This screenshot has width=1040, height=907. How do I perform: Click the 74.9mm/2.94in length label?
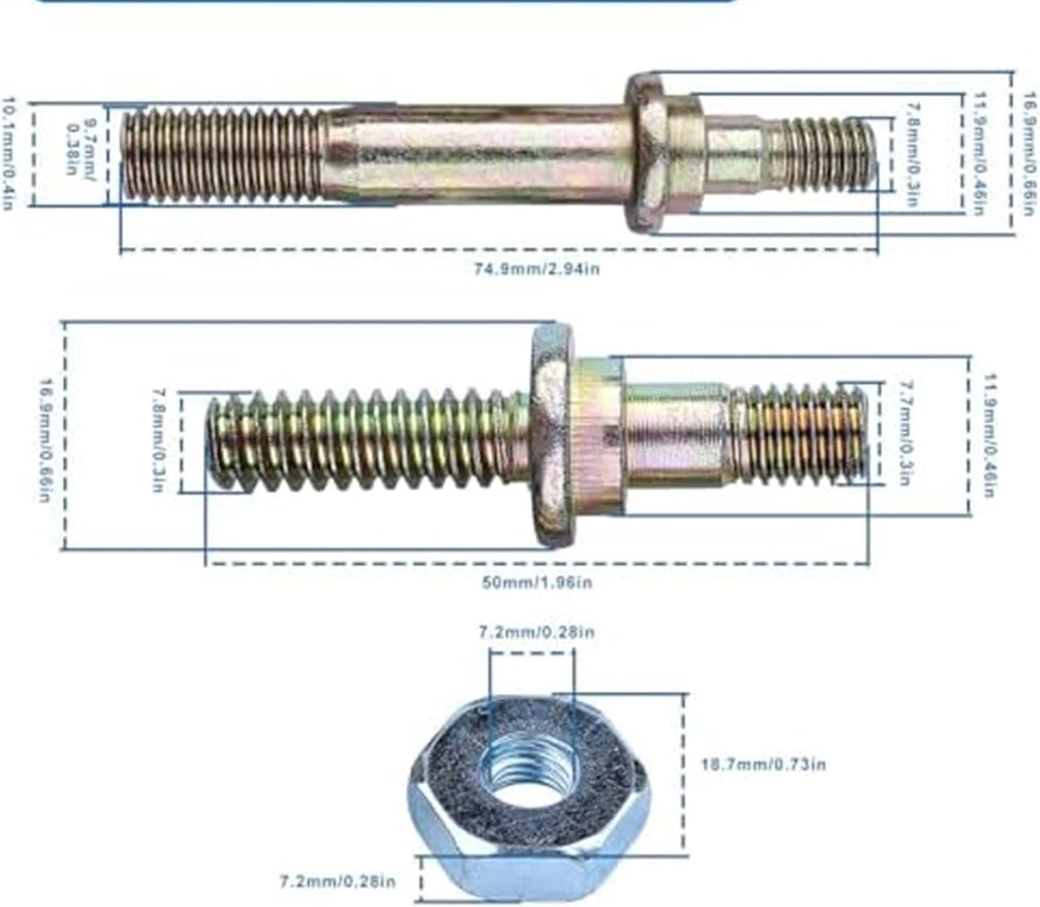[536, 268]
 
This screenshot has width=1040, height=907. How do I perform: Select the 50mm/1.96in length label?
[537, 582]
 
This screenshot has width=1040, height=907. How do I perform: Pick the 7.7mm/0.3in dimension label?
[903, 433]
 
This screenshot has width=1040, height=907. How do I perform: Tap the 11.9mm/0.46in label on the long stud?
[980, 153]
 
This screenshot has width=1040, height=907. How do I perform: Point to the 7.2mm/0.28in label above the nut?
[537, 632]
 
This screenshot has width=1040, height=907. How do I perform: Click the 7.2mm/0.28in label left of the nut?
[337, 881]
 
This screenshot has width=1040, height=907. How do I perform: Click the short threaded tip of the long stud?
[822, 153]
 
